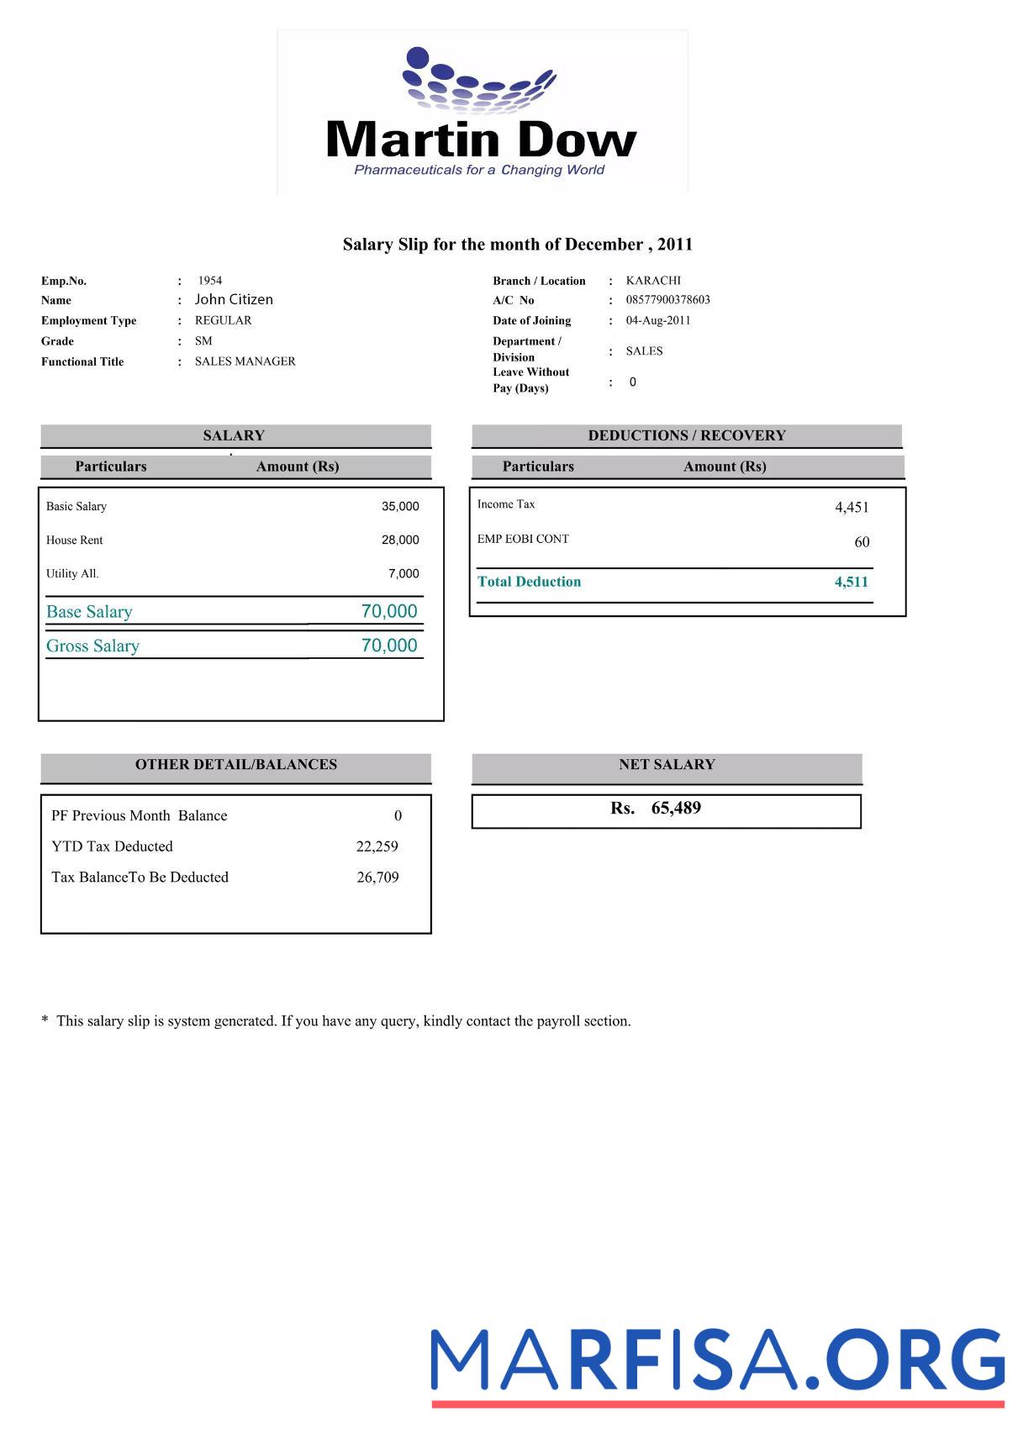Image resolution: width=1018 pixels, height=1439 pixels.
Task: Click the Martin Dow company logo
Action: [x=482, y=113]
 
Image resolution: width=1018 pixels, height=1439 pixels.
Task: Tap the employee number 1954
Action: [x=210, y=281]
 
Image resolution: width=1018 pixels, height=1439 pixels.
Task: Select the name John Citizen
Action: [x=234, y=299]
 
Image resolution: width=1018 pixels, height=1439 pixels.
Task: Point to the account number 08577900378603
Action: [x=667, y=300]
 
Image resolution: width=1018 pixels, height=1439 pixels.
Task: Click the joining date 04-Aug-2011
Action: [x=657, y=320]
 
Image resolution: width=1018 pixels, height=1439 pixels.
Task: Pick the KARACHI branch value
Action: [x=653, y=281]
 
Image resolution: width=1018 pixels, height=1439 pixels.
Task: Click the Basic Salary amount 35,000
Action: [x=400, y=506]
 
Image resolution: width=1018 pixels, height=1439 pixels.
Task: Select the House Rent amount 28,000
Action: [x=400, y=540]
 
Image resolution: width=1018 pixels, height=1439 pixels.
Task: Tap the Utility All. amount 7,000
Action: [x=404, y=573]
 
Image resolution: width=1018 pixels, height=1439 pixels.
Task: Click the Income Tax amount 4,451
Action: [x=852, y=507]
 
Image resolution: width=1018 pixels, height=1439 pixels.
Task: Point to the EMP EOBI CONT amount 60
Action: [x=862, y=542]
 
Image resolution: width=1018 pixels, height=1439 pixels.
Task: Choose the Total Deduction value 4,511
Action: [x=851, y=582]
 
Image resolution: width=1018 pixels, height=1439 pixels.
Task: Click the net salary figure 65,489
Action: [x=676, y=808]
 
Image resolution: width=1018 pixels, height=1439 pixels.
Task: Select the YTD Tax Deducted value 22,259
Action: [x=377, y=846]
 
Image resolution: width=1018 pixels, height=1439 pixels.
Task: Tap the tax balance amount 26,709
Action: [x=377, y=878]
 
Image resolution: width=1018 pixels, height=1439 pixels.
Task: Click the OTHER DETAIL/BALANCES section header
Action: [x=236, y=765]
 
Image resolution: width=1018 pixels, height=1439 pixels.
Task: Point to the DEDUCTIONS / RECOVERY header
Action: [x=687, y=435]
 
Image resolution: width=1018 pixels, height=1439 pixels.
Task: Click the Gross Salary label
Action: [x=92, y=646]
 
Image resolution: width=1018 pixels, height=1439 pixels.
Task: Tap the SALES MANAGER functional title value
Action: [x=245, y=361]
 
